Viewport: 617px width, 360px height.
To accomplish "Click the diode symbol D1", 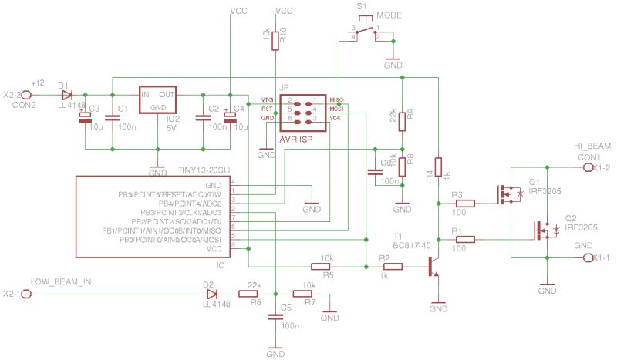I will [x=66, y=95].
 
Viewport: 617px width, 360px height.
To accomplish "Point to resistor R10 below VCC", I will [x=275, y=39].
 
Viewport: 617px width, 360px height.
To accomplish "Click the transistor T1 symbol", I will [x=433, y=267].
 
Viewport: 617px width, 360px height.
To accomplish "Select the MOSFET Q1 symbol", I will [x=506, y=194].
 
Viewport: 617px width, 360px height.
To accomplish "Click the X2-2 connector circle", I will [x=25, y=95].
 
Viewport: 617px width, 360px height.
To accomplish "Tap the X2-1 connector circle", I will [x=25, y=294].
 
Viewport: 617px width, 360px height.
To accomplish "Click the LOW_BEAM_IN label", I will [x=61, y=283].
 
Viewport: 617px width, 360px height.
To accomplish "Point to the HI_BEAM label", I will [x=592, y=145].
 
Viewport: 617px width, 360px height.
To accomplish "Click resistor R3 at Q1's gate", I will [x=465, y=204].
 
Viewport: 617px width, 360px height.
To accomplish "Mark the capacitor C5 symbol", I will [x=275, y=317].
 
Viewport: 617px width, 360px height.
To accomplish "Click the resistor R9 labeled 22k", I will [x=401, y=116].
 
